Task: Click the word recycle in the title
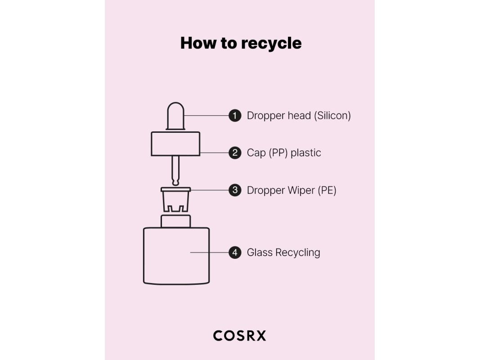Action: [271, 43]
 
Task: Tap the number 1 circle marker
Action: [235, 116]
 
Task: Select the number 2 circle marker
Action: [235, 153]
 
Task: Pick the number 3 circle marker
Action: [235, 190]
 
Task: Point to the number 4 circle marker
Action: [235, 252]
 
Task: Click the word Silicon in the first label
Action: [332, 116]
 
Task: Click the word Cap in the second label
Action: [257, 153]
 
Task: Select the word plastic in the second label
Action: [306, 153]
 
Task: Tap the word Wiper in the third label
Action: [301, 190]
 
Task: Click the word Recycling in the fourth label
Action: [297, 252]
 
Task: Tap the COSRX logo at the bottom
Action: [239, 336]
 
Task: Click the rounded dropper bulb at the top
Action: [175, 116]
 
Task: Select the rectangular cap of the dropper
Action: [175, 144]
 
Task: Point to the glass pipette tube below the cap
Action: [175, 169]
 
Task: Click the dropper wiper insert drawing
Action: [175, 199]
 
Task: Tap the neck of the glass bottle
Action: [175, 221]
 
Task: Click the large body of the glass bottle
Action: [176, 256]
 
